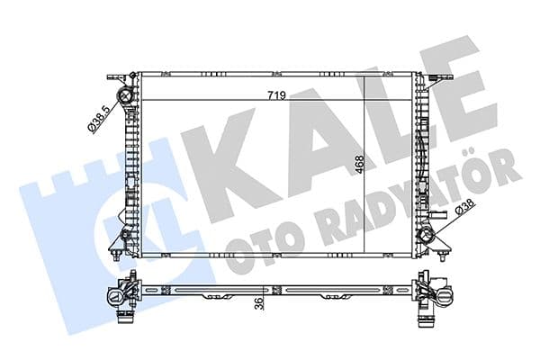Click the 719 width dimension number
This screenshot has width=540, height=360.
pos(277,95)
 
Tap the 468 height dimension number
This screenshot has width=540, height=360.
pos(360,165)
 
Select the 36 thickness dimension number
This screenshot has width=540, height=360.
pos(260,302)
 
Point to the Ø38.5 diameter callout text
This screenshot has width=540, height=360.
pos(100,119)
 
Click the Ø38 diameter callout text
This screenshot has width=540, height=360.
pos(465,208)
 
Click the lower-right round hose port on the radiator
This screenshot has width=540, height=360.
pos(425,236)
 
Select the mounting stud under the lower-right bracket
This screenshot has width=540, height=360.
pos(442,255)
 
